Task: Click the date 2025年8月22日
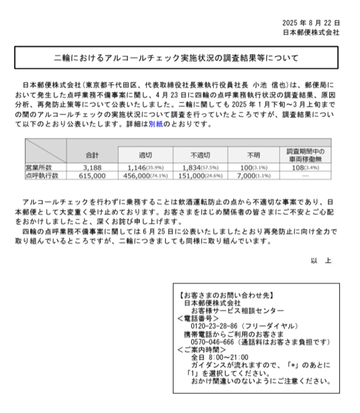(310, 23)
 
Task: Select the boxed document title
(176, 58)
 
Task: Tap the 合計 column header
(92, 155)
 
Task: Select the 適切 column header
(145, 155)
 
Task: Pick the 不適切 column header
(200, 155)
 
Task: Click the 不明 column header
(254, 155)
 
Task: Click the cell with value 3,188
(92, 167)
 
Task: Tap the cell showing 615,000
(92, 175)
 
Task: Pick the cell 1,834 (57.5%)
(200, 167)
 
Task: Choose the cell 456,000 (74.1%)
(145, 175)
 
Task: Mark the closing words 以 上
(321, 261)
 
